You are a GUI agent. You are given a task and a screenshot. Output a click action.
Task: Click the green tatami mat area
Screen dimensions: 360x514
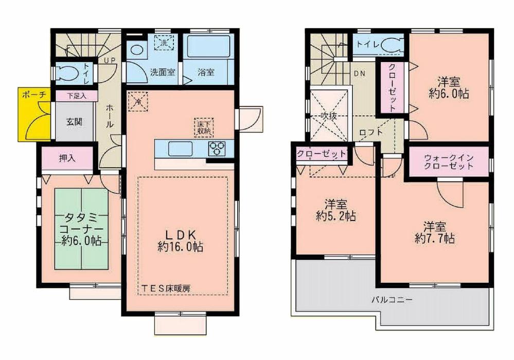[81, 228]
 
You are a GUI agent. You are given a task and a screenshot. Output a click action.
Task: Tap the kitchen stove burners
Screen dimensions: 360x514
[217, 148]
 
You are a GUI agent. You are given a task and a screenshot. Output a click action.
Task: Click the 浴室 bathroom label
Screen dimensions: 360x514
[206, 73]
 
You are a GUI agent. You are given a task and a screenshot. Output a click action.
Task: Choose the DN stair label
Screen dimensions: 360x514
[359, 73]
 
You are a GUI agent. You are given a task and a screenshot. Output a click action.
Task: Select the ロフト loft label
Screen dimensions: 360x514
[371, 132]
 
